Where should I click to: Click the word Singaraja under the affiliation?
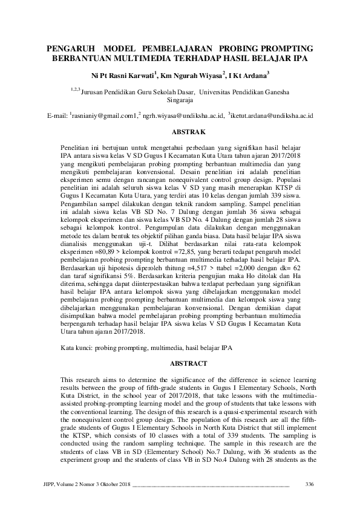180,102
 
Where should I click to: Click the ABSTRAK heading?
180,131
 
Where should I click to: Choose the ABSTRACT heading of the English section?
180,363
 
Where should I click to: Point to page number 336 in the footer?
310,484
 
